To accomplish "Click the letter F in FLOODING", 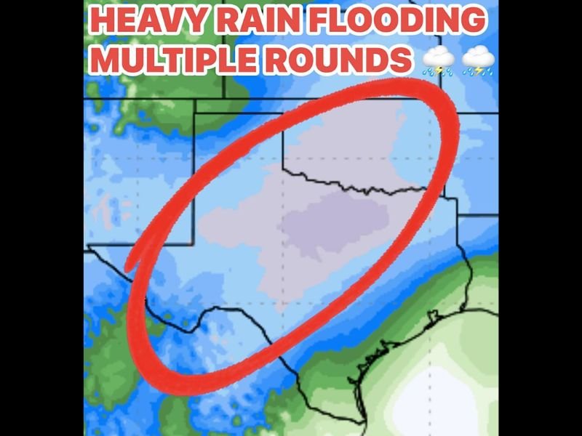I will click(x=316, y=20).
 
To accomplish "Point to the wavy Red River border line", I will click(x=364, y=189).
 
